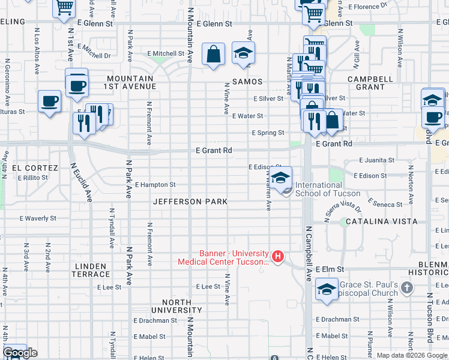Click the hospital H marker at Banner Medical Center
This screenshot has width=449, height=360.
tap(278, 257)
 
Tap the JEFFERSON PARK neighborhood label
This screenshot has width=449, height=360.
tap(190, 202)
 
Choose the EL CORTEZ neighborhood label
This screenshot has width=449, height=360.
tap(34, 168)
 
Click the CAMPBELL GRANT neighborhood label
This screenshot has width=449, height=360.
tap(367, 83)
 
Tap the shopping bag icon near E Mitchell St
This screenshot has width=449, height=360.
tap(213, 55)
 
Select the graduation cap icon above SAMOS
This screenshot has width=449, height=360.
tap(243, 53)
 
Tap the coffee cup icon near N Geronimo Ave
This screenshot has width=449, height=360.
tap(49, 101)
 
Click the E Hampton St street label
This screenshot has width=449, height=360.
tap(155, 185)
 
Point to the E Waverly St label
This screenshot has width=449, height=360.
tap(38, 219)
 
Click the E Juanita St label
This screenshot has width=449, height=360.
tap(376, 160)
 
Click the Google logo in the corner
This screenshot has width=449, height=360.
tap(19, 353)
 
